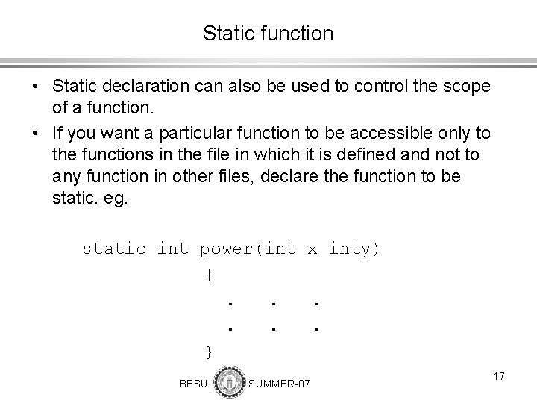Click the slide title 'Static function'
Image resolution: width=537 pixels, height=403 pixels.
[268, 34]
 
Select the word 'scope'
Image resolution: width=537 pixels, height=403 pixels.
[467, 87]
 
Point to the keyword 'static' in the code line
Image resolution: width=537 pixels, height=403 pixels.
[113, 249]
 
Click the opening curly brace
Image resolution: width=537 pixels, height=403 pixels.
[210, 275]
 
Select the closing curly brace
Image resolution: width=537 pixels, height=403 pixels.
[210, 350]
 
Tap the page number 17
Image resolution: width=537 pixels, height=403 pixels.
[498, 377]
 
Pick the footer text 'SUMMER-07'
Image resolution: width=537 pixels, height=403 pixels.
[279, 384]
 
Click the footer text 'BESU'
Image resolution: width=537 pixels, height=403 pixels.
[194, 384]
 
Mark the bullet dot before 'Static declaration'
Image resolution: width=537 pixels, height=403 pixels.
[37, 87]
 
